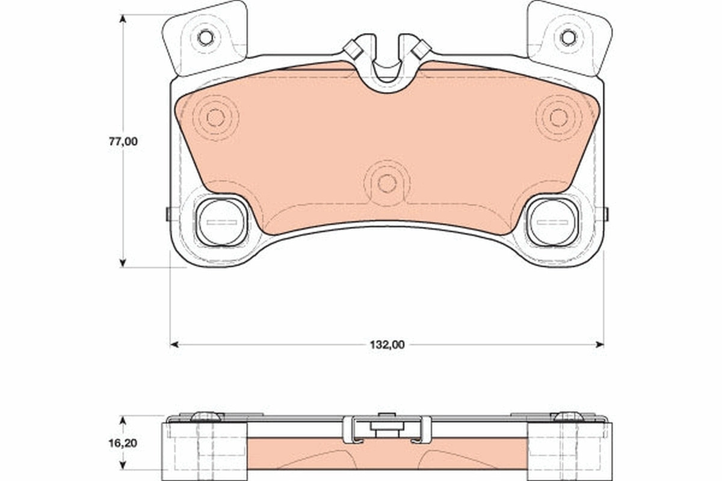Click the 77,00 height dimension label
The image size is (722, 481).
point(123,141)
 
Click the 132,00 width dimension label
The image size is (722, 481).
point(387,345)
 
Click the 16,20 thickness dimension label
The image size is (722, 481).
point(123,443)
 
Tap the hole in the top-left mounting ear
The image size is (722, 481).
point(205,37)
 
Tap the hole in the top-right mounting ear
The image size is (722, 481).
point(568,37)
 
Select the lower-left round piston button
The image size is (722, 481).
point(222,222)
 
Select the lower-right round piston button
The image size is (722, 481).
point(552,222)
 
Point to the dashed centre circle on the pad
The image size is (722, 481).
point(387,183)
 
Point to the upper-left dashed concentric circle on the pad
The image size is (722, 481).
point(215,118)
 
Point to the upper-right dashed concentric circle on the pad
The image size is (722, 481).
point(559,118)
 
